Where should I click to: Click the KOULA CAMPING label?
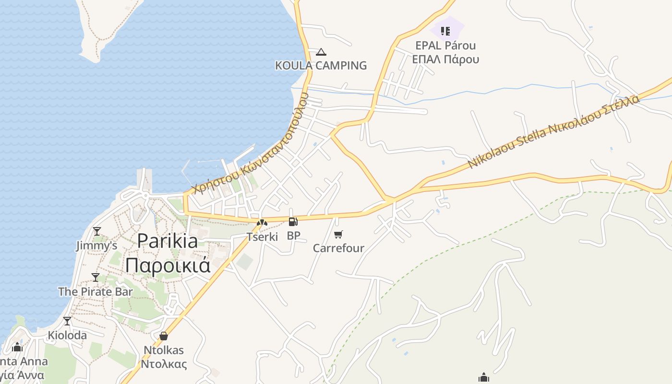321,65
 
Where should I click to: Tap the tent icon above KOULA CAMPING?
321,52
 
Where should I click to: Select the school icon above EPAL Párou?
445,31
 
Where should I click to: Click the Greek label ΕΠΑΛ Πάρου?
445,60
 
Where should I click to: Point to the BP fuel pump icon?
293,222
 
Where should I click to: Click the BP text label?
293,236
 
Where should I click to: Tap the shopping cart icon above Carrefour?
338,234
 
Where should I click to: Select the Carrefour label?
338,248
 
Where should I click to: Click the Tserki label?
262,237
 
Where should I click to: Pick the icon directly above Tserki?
262,223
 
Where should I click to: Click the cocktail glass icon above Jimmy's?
97,232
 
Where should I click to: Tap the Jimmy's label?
96,246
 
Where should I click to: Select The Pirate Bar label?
96,291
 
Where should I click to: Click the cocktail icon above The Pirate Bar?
96,277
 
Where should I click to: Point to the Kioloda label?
67,335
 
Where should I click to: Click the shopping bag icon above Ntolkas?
164,336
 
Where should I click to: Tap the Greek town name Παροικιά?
168,264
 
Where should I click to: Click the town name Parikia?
168,240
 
